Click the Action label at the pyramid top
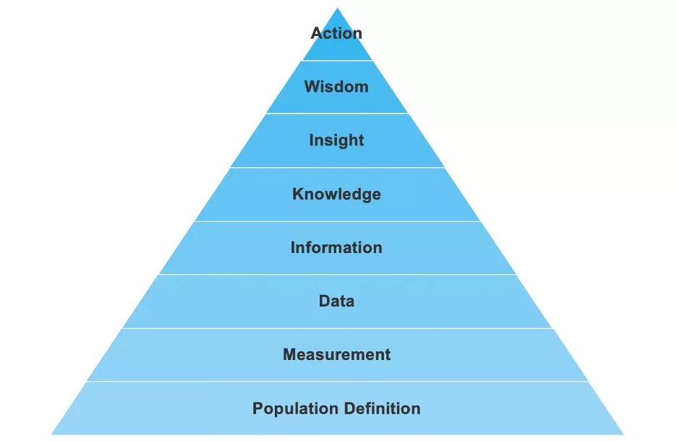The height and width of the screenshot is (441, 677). coord(336,33)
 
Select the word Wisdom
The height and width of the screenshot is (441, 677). coord(336,87)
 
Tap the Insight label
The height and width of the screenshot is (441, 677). coord(336,140)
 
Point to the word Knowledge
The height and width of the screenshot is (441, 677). coord(336,194)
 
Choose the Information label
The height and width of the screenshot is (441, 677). coord(336,247)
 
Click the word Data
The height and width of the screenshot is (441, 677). coord(336,301)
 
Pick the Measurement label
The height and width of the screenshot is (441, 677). coord(336,354)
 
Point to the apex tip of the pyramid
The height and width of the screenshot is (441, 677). coord(337,9)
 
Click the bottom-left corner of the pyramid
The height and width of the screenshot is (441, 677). coord(52,434)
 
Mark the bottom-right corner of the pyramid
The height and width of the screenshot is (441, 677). coord(623,434)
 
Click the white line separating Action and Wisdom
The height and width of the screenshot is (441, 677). coord(337,60)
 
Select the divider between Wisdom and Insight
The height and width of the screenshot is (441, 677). coord(337,114)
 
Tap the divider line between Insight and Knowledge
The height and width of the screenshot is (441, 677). coord(337,167)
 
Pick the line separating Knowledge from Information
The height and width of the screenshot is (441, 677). coord(337,221)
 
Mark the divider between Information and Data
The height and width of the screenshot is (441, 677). coord(337,274)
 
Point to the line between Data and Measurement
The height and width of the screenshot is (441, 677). coord(337,327)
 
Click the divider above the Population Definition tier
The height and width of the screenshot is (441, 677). coord(337,381)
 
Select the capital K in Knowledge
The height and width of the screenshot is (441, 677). coord(297,194)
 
